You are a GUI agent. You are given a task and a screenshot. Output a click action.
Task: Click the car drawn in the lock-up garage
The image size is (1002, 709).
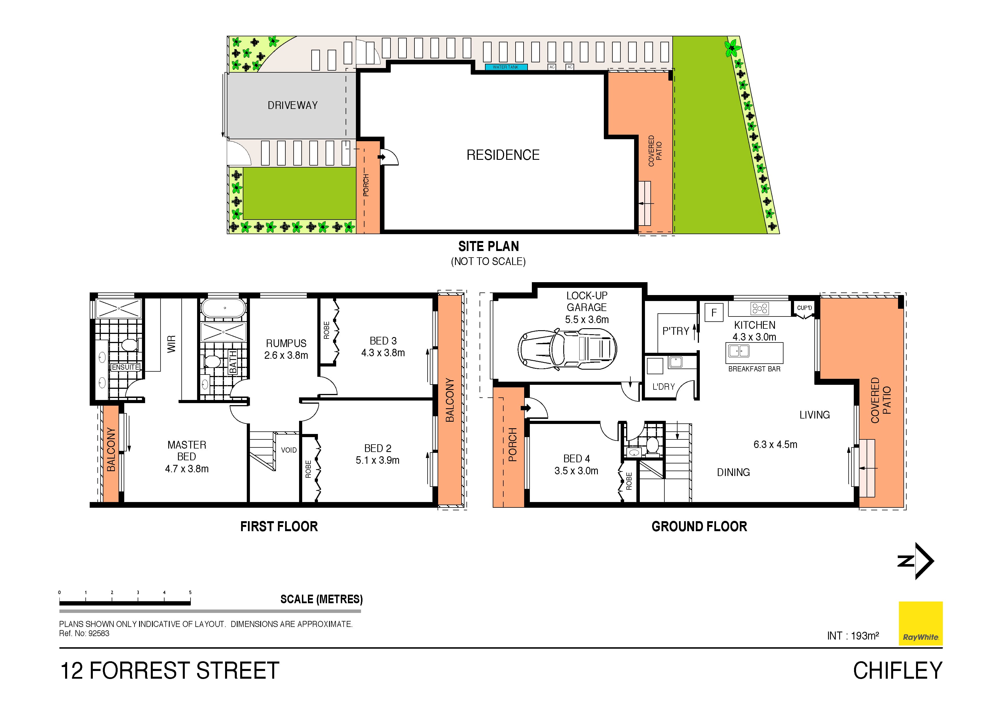567,349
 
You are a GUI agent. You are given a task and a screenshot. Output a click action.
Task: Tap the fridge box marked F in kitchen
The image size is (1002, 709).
714,313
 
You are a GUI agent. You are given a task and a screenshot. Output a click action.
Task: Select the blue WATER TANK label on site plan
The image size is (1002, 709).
506,67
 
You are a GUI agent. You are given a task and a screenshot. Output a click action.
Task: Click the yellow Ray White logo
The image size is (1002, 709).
920,624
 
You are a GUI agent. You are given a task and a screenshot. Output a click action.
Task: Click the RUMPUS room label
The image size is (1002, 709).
286,343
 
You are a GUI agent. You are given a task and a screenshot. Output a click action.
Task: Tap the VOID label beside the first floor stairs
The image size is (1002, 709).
288,450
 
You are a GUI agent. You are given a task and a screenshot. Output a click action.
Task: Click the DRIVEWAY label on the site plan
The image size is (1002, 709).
292,105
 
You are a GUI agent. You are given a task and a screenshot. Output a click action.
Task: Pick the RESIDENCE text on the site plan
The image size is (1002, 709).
503,155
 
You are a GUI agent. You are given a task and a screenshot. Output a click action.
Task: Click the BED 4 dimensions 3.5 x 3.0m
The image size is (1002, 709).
576,471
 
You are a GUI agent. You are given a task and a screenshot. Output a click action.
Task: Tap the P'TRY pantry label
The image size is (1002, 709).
676,331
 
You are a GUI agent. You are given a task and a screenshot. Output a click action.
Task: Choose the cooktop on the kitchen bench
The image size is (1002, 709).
760,309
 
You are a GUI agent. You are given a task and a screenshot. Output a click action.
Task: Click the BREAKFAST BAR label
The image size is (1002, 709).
754,369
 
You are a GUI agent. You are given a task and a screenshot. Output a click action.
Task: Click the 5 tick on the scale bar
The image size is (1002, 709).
190,593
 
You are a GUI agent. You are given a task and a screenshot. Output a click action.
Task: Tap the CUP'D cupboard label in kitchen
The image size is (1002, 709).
804,308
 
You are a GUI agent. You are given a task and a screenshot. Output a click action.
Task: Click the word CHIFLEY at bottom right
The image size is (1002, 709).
897,671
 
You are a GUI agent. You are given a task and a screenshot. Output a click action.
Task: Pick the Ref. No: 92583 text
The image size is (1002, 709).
84,634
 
